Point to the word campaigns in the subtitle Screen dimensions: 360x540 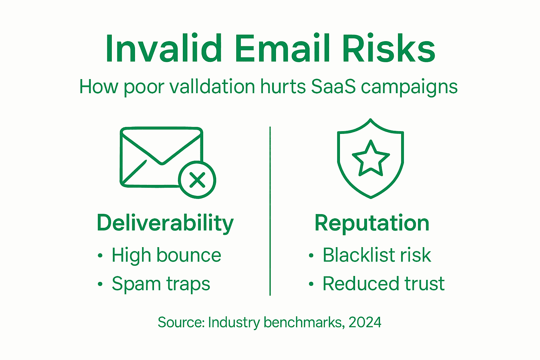click(x=409, y=87)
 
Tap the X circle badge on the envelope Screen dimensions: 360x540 click(x=197, y=180)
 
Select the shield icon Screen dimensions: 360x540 click(x=370, y=158)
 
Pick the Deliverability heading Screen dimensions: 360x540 click(x=165, y=223)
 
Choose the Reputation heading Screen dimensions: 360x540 click(x=372, y=223)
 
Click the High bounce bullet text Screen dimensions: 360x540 click(x=166, y=255)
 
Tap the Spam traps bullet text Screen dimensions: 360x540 click(x=161, y=284)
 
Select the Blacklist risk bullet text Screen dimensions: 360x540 click(x=377, y=255)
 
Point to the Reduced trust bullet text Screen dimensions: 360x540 click(x=384, y=284)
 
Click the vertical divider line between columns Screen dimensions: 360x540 click(x=270, y=211)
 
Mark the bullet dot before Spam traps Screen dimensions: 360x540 click(x=100, y=284)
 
